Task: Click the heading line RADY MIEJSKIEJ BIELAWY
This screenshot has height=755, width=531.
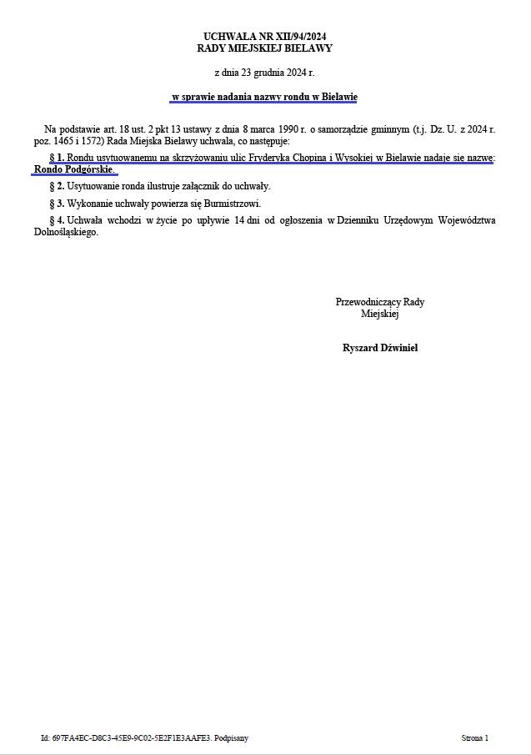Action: (x=264, y=48)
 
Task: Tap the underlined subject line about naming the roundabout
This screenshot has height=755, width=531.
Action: (x=264, y=98)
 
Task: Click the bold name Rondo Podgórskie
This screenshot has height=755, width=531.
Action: (x=74, y=169)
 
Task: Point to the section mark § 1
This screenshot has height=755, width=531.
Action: (x=57, y=158)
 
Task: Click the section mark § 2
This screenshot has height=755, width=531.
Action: (x=57, y=186)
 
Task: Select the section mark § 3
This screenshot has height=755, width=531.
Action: (x=57, y=204)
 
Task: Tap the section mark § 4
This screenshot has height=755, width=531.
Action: (x=57, y=220)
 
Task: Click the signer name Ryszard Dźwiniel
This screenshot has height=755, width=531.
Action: (x=380, y=348)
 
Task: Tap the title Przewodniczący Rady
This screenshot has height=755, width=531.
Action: (x=380, y=302)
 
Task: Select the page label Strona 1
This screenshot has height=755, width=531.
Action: (x=474, y=738)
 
